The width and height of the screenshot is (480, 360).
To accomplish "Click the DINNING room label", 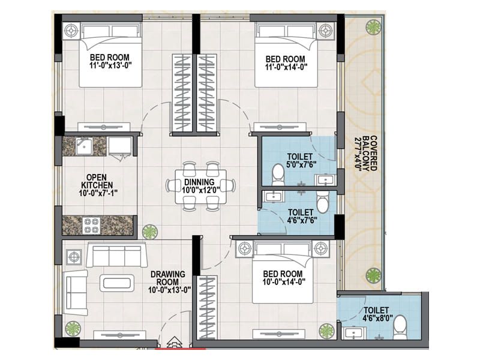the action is pos(199,182).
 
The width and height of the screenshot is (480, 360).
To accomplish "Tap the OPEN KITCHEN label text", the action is pos(97,181).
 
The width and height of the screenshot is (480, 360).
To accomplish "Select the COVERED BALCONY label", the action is pos(370,153).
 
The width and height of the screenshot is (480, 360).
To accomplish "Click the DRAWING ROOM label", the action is pos(168,278).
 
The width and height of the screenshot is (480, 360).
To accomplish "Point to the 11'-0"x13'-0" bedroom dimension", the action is pos(110,65).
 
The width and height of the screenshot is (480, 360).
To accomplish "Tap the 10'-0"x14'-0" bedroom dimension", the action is pos(284,281).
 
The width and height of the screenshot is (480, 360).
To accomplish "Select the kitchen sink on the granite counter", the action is pos(85,146).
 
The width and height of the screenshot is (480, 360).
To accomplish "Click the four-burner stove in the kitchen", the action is pos(92,226).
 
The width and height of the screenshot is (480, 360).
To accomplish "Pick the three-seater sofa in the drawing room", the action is pos(116,254).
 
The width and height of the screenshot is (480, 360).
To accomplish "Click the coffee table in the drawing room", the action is pos(117,283).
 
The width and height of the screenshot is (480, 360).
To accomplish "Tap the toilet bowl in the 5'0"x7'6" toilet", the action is pos(278,175).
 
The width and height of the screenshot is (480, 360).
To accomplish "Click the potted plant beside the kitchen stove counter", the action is pos(149,232).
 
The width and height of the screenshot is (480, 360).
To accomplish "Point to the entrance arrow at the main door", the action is pos(173,341).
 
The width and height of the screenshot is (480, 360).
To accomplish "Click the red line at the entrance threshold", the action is pos(181,349).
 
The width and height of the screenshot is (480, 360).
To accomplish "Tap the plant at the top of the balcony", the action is pos(373,27).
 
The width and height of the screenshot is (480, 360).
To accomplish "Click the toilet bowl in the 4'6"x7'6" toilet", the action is pos(322,202).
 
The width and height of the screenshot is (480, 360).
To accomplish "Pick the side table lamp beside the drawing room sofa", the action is pos(74,257).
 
